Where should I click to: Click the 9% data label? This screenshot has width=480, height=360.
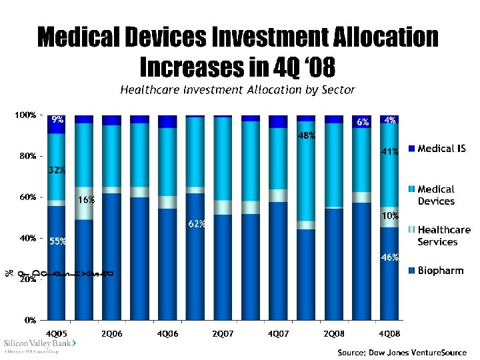pos(58,120)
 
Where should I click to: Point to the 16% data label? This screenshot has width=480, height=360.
pos(86,199)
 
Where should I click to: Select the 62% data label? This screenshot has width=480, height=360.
pos(196,224)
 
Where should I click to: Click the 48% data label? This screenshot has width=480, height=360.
pos(307,136)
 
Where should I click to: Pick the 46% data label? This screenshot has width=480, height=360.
pos(390,257)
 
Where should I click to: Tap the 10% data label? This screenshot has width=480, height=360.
pos(390,215)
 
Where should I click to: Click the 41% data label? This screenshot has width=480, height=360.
pos(390,152)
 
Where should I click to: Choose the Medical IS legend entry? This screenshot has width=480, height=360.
pos(441,149)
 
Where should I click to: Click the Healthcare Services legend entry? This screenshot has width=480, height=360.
pos(443,235)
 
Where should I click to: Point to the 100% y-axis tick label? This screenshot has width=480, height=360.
pos(26,115)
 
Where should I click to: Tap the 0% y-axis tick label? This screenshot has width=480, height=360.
pos(30,321)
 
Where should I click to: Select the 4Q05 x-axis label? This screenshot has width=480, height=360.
pos(56,332)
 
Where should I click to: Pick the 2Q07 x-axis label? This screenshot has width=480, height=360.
pos(222,332)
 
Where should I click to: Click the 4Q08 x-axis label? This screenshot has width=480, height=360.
pos(389,332)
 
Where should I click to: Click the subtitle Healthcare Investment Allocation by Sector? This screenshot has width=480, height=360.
pos(237,89)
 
